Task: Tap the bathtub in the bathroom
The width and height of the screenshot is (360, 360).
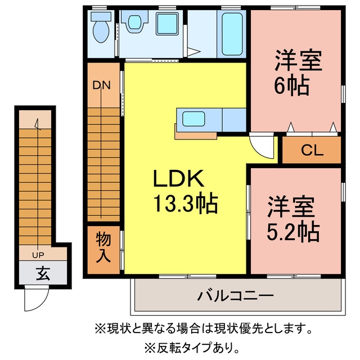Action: point(232,34)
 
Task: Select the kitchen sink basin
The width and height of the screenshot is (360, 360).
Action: point(193,119)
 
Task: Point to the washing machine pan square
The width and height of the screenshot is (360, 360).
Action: point(167,24)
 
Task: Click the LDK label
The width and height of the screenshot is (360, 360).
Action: point(178,178)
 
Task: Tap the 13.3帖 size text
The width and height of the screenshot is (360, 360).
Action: point(185,203)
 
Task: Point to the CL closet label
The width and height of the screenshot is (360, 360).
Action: point(312,150)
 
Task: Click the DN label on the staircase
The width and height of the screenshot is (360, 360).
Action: point(101,85)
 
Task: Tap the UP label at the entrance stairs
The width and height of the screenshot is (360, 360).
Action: point(38,255)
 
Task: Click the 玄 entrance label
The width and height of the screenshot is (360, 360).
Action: point(43,273)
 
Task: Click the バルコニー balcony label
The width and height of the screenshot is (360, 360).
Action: point(236,296)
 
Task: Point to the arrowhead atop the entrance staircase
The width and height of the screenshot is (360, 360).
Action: point(36,124)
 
